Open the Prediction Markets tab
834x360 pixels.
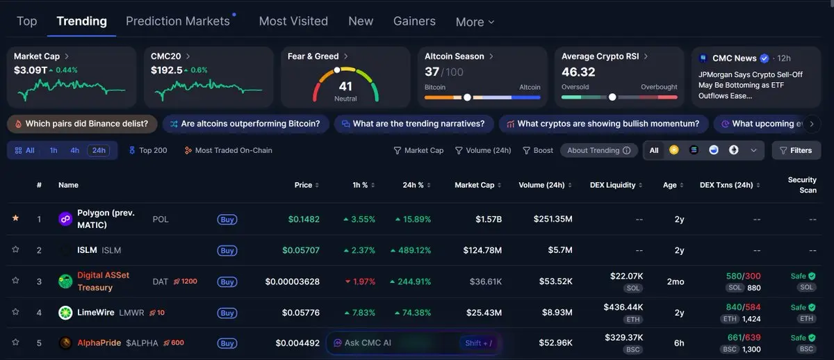point(177,21)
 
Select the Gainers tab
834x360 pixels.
point(414,21)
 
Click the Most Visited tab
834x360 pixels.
point(293,21)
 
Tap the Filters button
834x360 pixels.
point(796,150)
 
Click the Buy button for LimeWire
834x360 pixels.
point(227,313)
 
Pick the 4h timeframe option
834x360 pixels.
point(74,150)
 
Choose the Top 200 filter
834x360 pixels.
point(148,150)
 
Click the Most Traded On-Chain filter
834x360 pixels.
point(228,150)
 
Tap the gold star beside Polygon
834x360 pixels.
point(15,218)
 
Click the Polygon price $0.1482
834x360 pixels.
point(304,219)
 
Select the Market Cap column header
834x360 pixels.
point(475,185)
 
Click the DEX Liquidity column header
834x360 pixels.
point(613,185)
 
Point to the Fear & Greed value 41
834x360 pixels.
point(345,86)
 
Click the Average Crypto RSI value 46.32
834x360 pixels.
point(578,72)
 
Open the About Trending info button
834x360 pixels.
point(598,150)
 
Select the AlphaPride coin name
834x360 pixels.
point(99,343)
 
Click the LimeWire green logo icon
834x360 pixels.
point(65,313)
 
